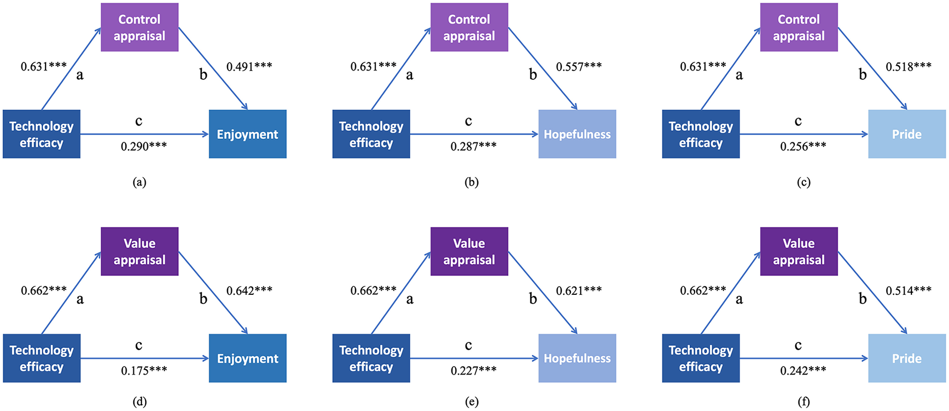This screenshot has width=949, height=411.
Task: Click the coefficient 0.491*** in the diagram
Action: (x=249, y=66)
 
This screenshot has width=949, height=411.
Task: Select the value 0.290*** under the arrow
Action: (x=144, y=146)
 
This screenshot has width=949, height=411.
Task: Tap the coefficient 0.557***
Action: (x=578, y=66)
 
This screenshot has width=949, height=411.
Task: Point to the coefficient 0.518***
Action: (x=908, y=66)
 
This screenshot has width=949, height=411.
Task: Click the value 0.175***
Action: (x=144, y=370)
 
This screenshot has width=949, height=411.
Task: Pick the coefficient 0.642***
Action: (x=249, y=291)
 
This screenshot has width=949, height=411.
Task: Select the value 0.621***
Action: (x=578, y=291)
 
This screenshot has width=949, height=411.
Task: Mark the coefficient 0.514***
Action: (x=908, y=291)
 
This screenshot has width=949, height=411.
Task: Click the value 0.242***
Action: (x=803, y=370)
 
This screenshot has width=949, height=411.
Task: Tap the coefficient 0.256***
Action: (x=803, y=146)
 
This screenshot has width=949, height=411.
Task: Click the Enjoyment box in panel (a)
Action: (x=247, y=134)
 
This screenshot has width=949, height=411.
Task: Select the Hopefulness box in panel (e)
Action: (x=577, y=358)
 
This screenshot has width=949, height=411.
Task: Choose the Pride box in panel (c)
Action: (x=907, y=134)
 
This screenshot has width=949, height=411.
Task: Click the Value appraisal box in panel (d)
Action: (x=139, y=252)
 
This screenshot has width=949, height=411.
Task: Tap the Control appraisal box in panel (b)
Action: (x=469, y=27)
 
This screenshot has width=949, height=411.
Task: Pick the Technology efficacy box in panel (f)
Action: (x=701, y=358)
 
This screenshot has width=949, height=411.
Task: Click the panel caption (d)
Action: (x=139, y=401)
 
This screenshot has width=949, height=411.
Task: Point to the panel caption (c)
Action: (x=803, y=182)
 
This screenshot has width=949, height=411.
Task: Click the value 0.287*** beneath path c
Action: (x=473, y=146)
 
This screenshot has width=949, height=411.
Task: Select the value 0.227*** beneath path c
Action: (x=473, y=370)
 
